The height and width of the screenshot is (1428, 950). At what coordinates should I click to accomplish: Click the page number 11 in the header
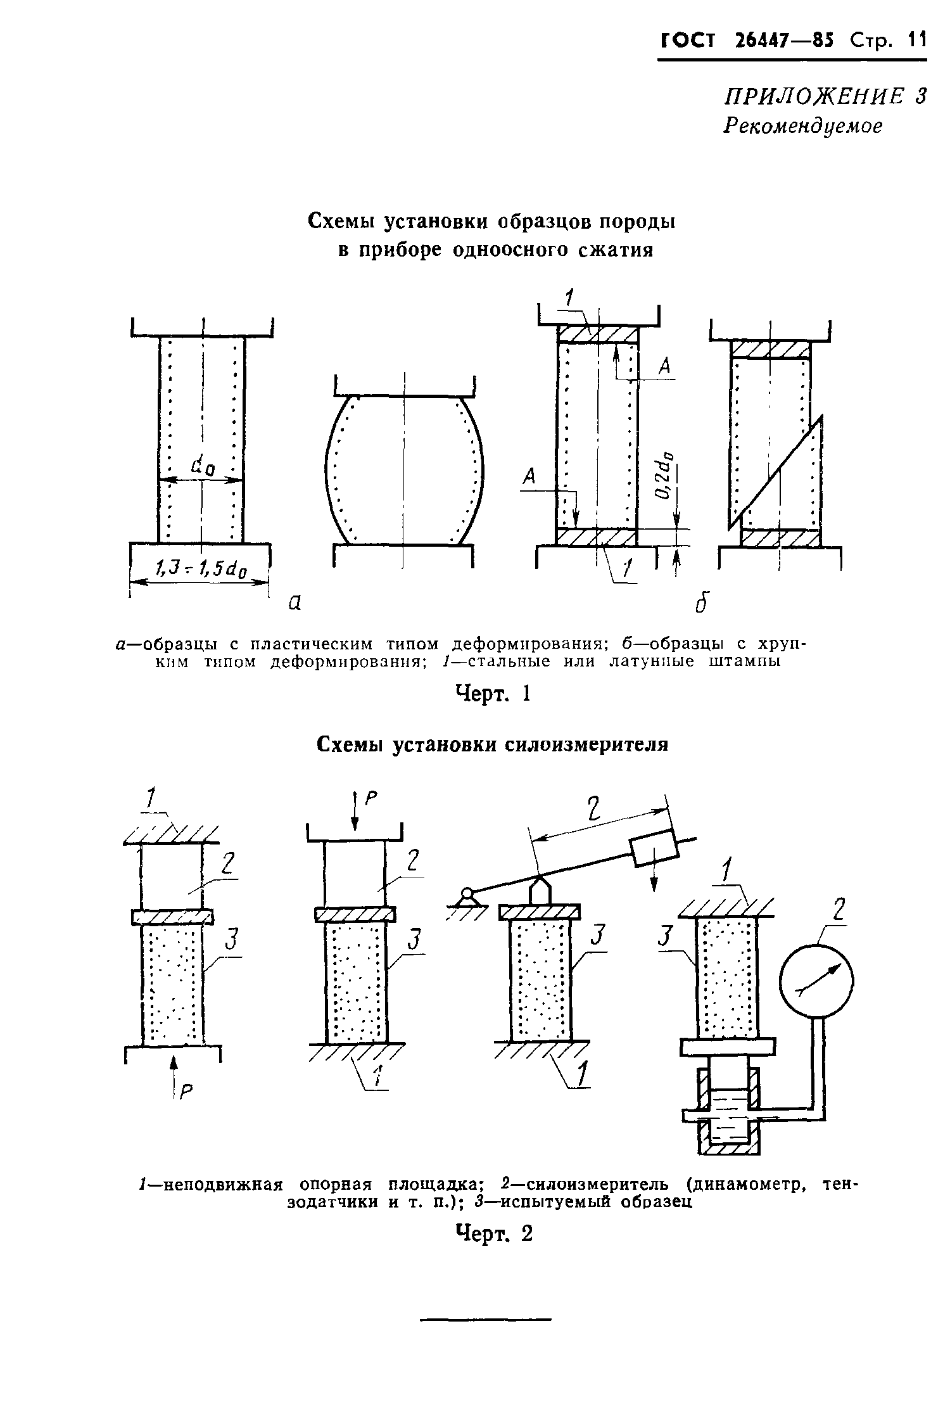(915, 41)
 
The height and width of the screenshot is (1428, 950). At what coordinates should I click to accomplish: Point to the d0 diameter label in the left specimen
(203, 468)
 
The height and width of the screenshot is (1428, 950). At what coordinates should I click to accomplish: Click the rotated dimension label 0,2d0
(664, 475)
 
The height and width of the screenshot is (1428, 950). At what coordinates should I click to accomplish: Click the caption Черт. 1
(492, 694)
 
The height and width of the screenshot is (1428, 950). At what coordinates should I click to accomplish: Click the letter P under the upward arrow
(186, 1091)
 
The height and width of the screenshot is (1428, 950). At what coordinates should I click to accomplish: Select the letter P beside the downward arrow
(370, 801)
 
